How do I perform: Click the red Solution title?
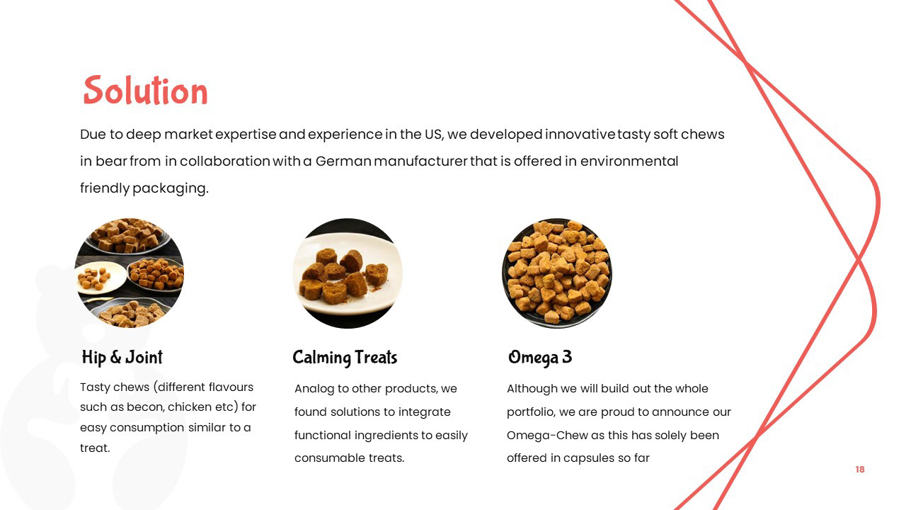(146, 90)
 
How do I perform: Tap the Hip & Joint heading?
(122, 358)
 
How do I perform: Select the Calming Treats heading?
(345, 358)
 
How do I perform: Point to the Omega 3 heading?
(540, 358)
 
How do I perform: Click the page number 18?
(860, 469)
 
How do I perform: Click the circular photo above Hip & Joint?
(130, 273)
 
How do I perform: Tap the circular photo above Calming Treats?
(348, 273)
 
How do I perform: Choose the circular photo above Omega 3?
(557, 273)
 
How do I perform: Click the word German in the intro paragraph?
(343, 161)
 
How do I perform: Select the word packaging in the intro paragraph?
(171, 188)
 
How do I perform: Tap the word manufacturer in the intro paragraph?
(420, 161)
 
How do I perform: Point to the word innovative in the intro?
(580, 135)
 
